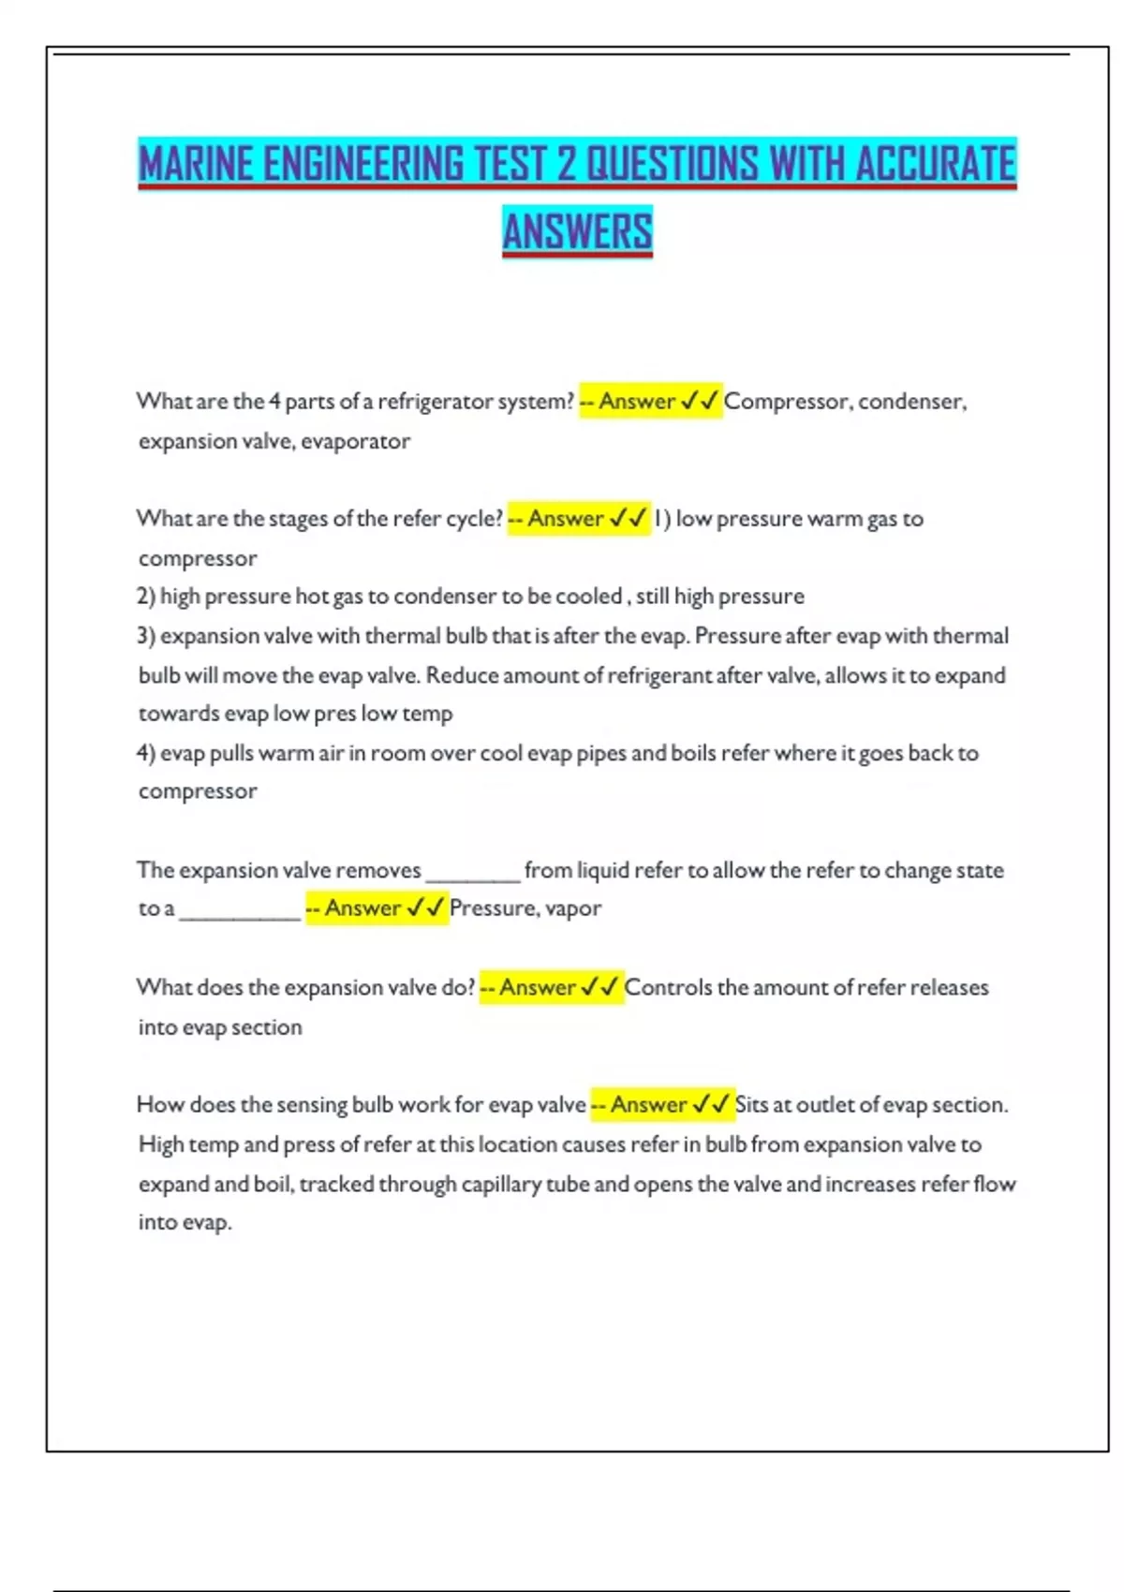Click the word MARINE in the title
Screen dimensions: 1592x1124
tap(196, 164)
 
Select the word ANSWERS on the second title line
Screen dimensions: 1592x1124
tap(577, 231)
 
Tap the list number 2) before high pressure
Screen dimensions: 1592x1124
tap(146, 597)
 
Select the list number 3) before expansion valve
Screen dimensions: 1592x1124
tap(146, 636)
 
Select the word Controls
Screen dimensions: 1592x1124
tap(668, 988)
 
